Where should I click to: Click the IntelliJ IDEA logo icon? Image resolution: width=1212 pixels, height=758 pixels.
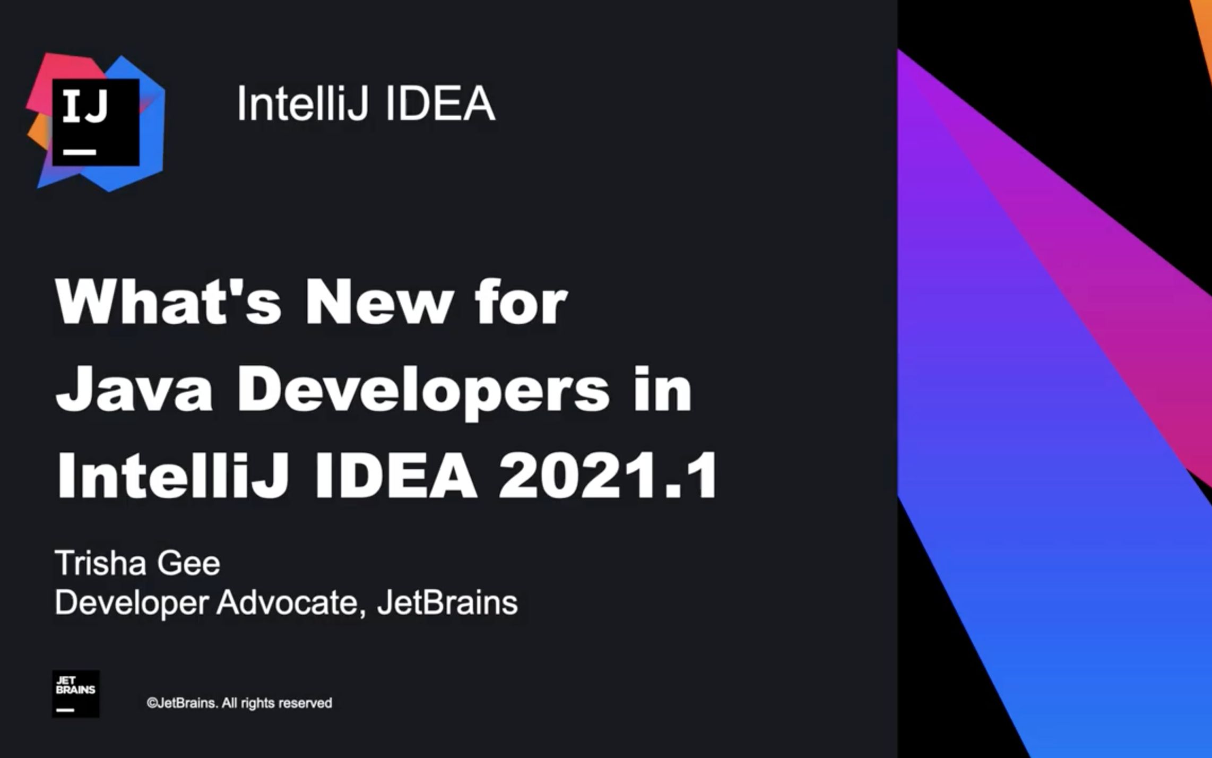click(x=96, y=122)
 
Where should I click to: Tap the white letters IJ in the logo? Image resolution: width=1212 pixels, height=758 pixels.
click(x=85, y=106)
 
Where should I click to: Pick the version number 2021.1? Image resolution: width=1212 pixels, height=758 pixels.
click(x=608, y=476)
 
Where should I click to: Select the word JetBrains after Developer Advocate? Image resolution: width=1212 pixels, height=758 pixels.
click(x=447, y=603)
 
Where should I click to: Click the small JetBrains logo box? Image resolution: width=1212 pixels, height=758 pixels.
click(x=75, y=694)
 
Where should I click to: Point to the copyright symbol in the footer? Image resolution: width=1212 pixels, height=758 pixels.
click(x=151, y=703)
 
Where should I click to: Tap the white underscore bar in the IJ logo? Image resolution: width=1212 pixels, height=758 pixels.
click(x=80, y=152)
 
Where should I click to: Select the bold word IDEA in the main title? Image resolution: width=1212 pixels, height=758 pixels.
click(x=395, y=476)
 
